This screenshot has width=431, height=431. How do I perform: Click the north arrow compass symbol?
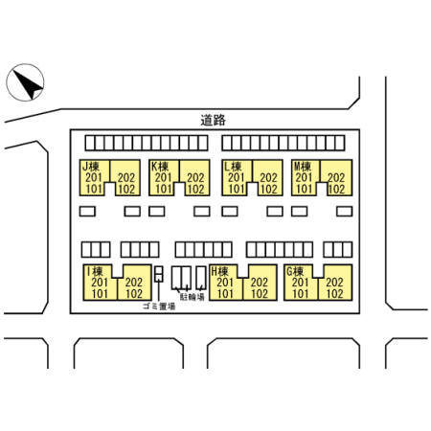(25, 82)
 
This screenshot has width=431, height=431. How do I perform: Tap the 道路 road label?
(214, 120)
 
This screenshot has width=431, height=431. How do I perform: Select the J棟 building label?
(91, 167)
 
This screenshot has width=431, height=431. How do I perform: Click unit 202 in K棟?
(195, 177)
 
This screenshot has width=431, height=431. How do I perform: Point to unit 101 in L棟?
(237, 189)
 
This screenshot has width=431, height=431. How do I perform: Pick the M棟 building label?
(303, 167)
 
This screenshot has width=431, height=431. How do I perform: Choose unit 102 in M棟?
(336, 189)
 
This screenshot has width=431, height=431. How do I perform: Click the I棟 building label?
(95, 272)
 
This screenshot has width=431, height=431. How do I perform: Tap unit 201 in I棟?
(100, 283)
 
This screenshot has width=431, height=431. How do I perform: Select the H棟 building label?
(220, 272)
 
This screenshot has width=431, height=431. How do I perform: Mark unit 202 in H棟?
(260, 283)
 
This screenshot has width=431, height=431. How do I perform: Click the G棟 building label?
(295, 272)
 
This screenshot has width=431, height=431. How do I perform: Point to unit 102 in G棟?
(334, 294)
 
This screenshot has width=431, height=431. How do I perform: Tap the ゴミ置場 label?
(159, 306)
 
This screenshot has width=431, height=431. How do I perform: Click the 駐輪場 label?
(193, 297)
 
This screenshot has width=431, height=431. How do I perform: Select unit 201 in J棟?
(94, 177)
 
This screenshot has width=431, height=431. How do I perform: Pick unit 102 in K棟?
(195, 189)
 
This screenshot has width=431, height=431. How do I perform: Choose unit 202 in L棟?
(268, 177)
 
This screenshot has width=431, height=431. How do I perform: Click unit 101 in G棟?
(301, 294)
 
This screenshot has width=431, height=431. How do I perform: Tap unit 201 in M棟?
(304, 177)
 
